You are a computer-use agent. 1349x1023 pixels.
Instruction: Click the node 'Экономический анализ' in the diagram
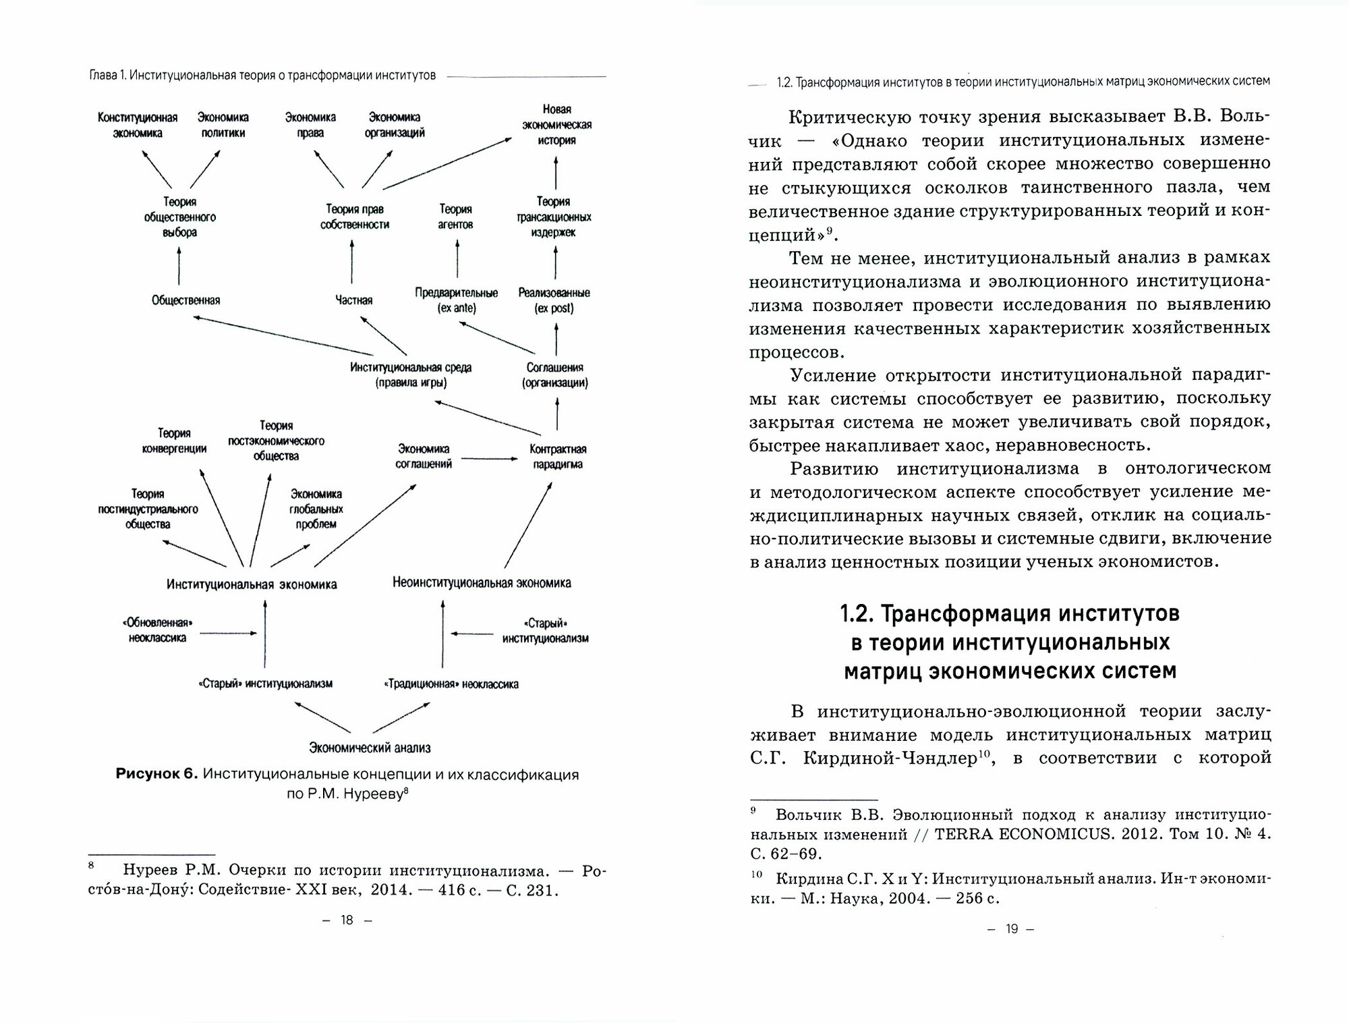coord(370,747)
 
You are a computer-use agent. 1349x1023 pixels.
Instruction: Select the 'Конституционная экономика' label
coord(138,126)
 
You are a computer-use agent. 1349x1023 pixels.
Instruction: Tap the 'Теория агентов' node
coord(455,217)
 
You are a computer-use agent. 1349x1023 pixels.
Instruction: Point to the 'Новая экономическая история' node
coord(556,125)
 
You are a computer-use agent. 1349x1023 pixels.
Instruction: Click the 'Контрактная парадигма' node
coord(557,457)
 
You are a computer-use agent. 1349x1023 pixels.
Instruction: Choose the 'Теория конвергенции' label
coord(174,441)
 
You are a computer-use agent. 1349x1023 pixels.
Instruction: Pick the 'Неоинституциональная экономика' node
coord(482,583)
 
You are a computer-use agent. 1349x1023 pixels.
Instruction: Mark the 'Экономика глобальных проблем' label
coord(316,509)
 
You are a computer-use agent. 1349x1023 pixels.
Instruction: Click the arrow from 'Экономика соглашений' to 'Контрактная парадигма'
coord(489,459)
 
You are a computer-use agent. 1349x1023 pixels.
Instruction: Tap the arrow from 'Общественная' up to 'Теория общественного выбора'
coord(179,265)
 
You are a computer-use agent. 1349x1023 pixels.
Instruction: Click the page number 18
coord(347,920)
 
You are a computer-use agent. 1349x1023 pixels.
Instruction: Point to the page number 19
coord(1011,929)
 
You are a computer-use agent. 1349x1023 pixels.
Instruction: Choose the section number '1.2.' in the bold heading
coord(858,615)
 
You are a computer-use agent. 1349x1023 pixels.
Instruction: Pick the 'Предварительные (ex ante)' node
coord(457,300)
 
